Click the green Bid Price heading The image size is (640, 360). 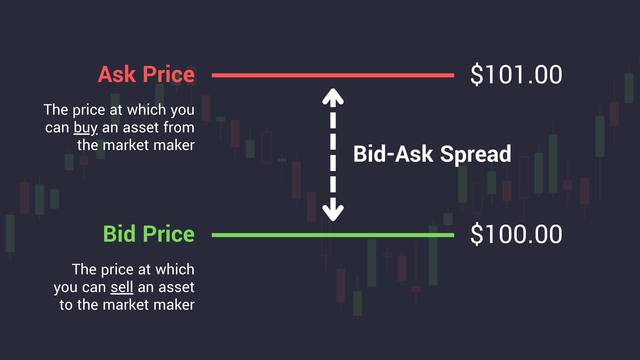(x=149, y=234)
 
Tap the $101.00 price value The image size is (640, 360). (x=516, y=74)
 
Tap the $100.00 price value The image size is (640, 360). (x=516, y=234)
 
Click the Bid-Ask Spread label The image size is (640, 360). (x=432, y=154)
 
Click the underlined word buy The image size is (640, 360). (x=86, y=128)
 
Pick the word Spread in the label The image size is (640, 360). (x=476, y=154)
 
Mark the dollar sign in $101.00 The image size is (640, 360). (x=477, y=74)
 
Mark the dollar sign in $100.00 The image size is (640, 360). (x=477, y=234)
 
